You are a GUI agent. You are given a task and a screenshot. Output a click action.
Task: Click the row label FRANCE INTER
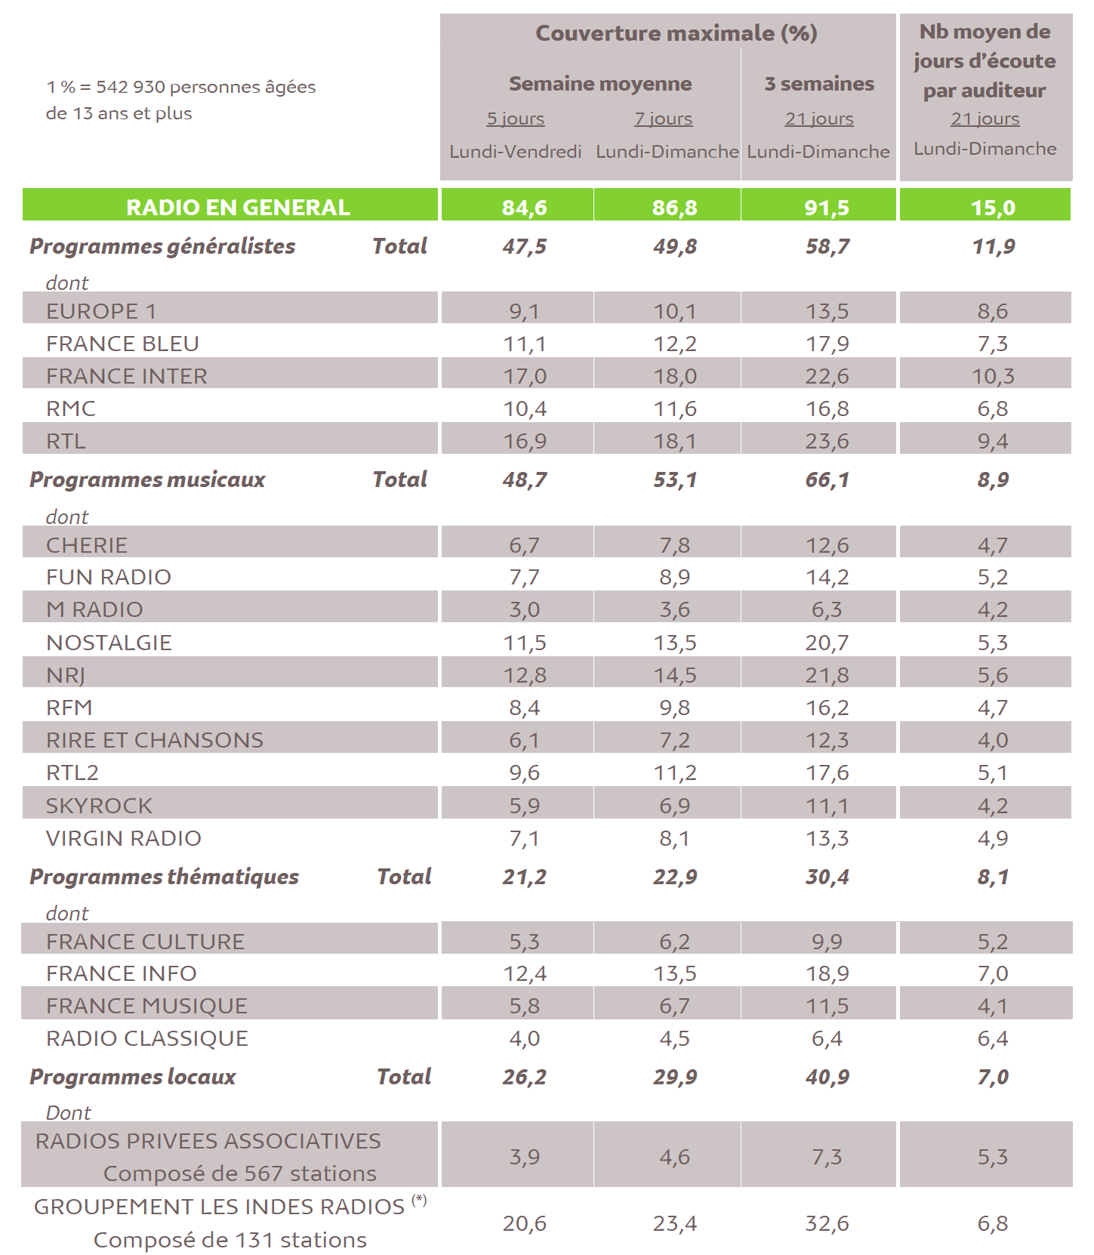point(126,376)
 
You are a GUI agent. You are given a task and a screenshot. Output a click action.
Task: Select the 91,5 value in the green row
point(827,208)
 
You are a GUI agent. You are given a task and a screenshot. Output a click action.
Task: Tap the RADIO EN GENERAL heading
point(238,208)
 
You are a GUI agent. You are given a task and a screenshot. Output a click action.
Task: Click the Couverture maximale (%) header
point(676,33)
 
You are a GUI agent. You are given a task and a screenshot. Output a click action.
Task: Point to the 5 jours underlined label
point(516,119)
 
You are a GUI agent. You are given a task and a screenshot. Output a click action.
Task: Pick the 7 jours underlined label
point(664,119)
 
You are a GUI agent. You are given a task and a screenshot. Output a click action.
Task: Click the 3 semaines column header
point(819,84)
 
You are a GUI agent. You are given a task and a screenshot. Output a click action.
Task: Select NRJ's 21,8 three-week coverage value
point(827,675)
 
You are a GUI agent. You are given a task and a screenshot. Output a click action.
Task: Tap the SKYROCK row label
point(99,806)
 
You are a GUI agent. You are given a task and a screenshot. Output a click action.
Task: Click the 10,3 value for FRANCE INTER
point(993,376)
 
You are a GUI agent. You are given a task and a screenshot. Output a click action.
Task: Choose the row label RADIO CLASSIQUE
point(147,1038)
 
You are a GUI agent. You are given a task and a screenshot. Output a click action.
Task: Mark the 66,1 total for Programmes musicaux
point(827,479)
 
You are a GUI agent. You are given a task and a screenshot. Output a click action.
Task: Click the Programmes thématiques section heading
point(164,877)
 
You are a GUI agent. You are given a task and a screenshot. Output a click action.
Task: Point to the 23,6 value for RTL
point(827,441)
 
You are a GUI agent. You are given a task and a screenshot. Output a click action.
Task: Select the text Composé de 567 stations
point(239,1173)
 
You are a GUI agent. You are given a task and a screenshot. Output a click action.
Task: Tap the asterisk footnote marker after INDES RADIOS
point(420,1199)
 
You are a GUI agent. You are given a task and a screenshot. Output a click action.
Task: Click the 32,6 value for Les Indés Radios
point(827,1223)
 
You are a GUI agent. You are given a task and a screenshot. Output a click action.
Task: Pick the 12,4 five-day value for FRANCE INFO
point(525,974)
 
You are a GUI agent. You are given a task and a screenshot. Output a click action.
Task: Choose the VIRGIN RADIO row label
point(124,838)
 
